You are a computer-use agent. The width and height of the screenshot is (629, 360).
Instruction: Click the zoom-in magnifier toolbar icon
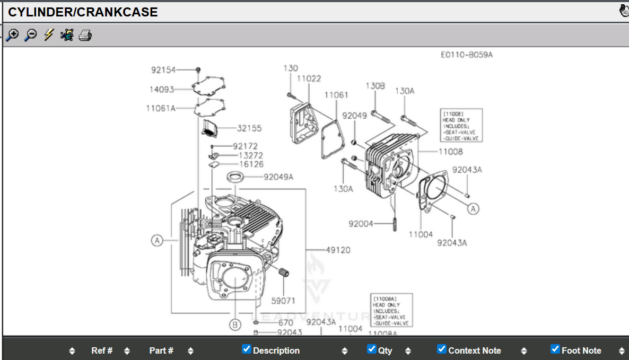[12, 36]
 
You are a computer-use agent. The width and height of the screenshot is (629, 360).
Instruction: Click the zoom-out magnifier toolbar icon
[31, 36]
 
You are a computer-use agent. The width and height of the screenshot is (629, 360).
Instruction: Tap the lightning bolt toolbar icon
[49, 36]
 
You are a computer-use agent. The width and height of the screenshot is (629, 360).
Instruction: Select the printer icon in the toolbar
[85, 36]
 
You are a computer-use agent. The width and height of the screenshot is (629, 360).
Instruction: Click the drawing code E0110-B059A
[466, 55]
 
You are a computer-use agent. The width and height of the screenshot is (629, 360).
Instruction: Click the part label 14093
[162, 89]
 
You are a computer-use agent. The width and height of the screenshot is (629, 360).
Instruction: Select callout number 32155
[249, 128]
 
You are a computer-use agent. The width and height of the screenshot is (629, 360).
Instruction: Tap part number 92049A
[278, 177]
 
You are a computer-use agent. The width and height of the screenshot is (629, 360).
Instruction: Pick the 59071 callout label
[283, 301]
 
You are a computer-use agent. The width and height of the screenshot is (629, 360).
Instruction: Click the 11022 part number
[309, 78]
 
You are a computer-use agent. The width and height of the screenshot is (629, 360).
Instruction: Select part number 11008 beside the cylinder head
[450, 152]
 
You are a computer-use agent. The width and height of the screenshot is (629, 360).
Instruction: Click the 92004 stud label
[361, 224]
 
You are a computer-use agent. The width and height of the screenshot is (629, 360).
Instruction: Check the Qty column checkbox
[372, 349]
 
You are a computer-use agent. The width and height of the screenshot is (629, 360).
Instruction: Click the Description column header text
[276, 350]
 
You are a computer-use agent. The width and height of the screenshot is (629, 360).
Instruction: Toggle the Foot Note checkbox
[555, 349]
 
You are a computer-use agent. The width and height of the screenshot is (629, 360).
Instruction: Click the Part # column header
[161, 350]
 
